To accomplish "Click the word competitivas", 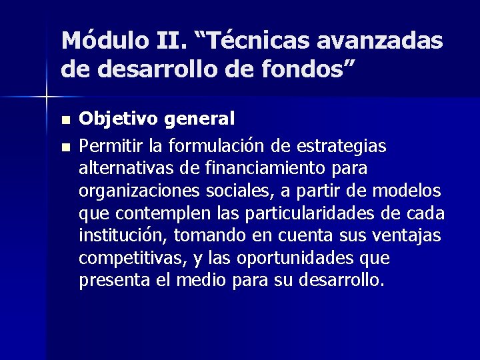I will tap(127, 258).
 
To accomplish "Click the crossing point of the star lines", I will tap(46, 97).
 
